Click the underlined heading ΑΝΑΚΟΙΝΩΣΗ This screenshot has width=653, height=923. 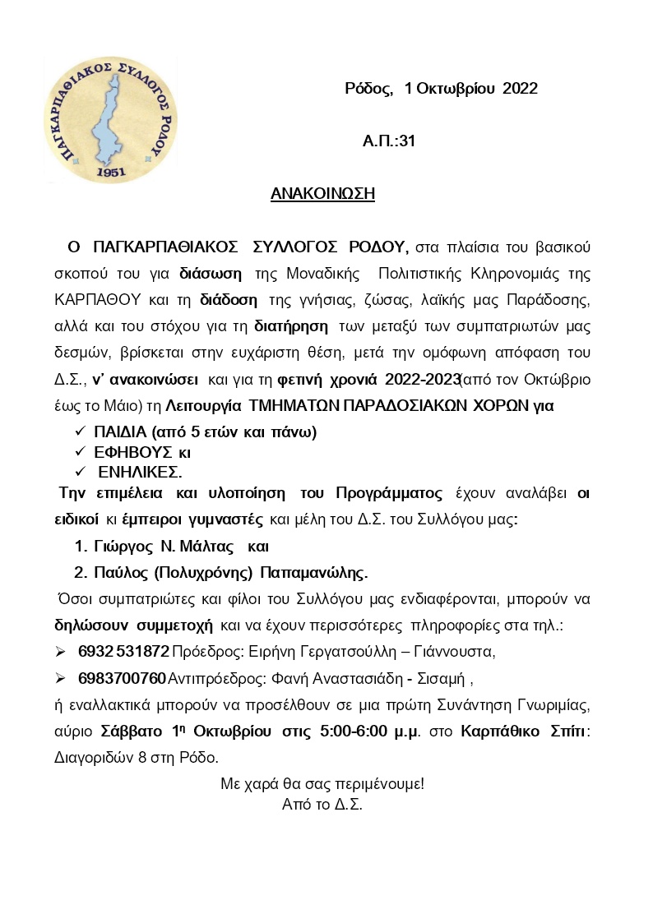322,194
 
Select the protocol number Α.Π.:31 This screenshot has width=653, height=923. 389,141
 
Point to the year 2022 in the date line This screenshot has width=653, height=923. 520,89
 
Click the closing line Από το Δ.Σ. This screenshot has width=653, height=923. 322,804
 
